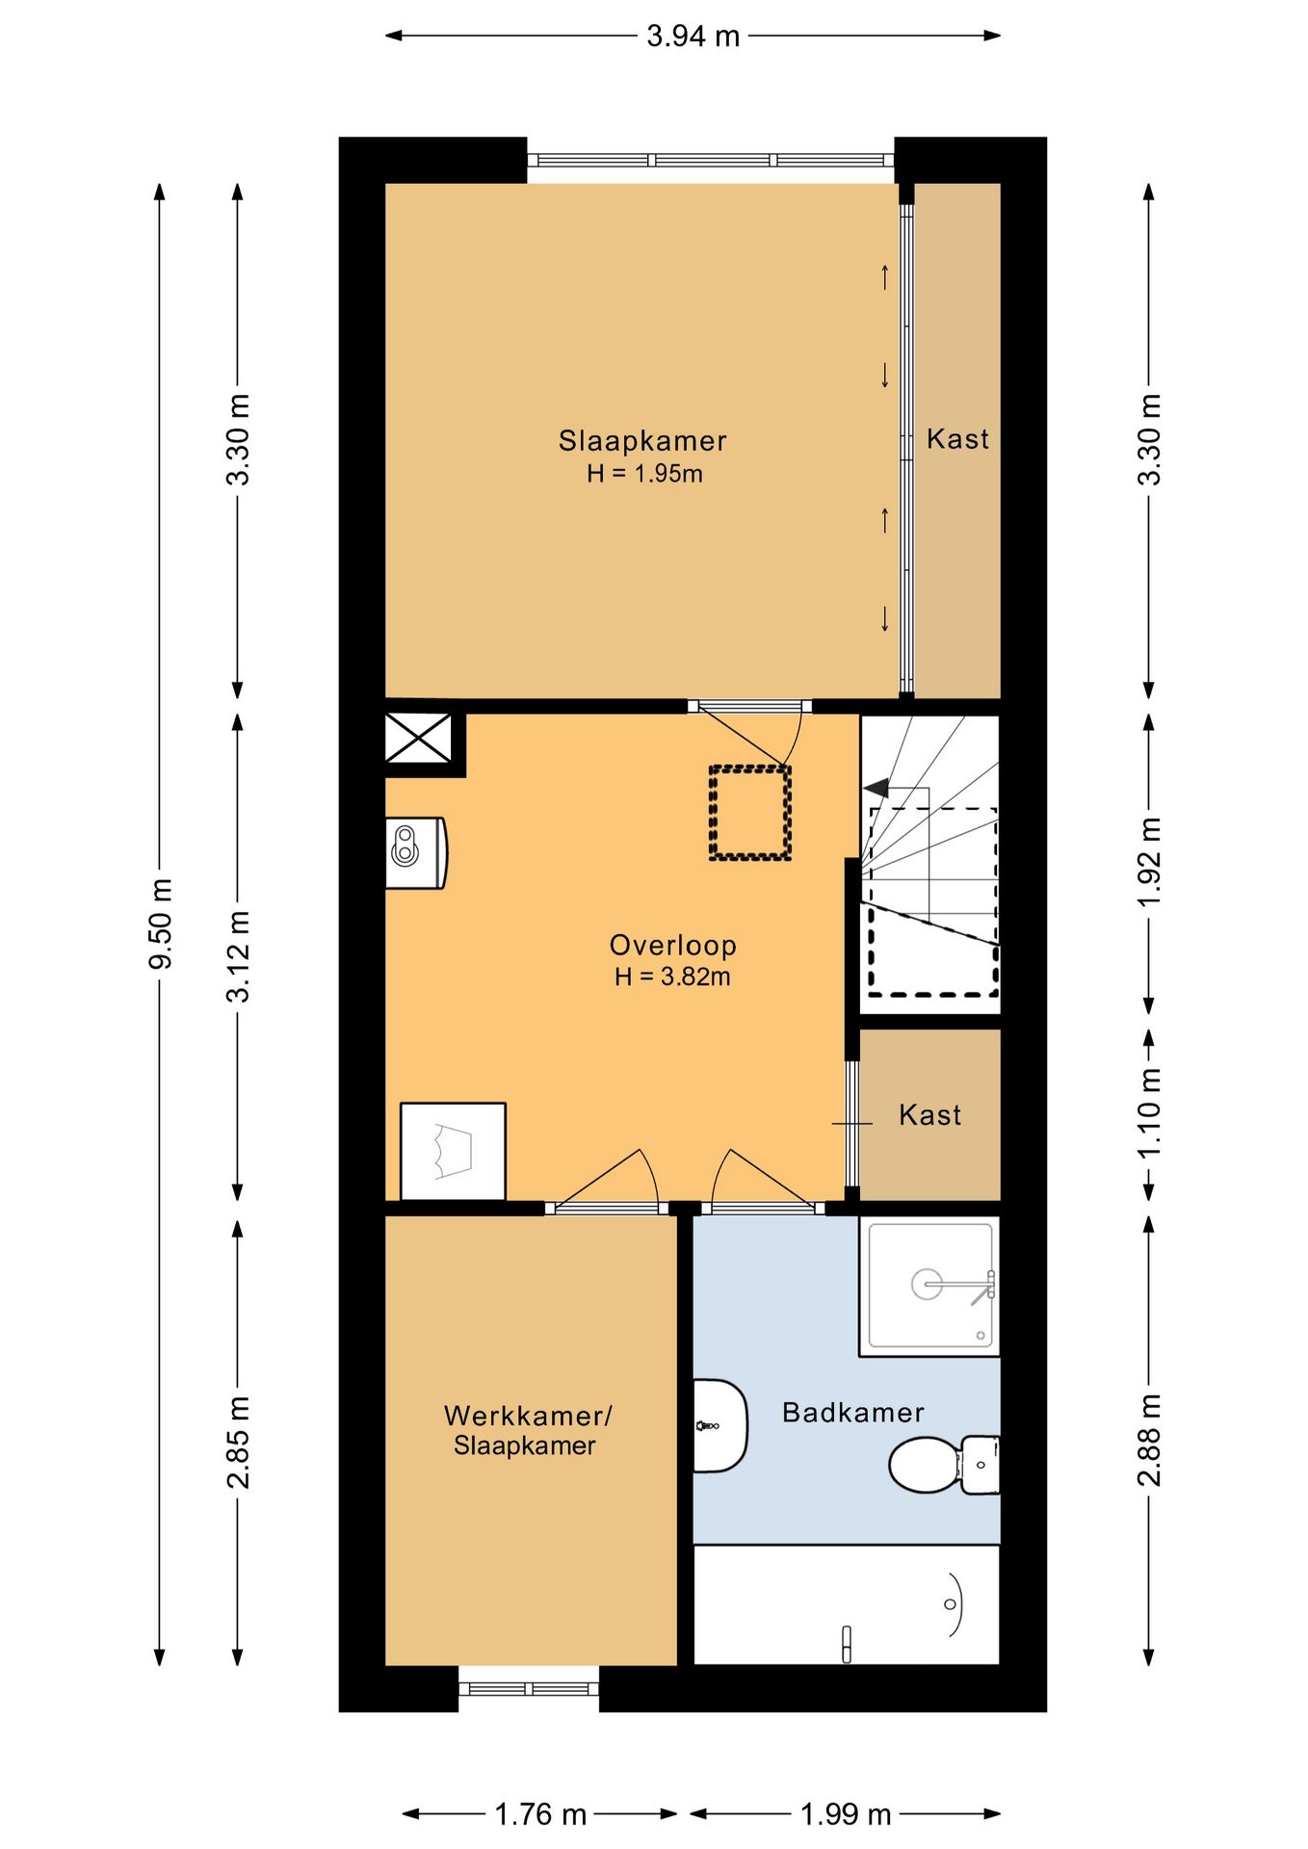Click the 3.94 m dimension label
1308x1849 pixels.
(693, 37)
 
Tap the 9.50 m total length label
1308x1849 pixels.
(161, 923)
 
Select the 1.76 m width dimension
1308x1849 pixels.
(540, 1814)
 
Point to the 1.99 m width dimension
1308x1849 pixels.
(846, 1814)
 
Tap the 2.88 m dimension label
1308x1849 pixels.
(1149, 1440)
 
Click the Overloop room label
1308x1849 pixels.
(673, 945)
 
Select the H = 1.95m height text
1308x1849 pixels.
(644, 474)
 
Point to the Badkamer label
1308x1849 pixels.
(853, 1413)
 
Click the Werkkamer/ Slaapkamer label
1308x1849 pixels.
(527, 1430)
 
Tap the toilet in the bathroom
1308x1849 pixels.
(944, 1464)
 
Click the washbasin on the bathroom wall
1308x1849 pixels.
(719, 1425)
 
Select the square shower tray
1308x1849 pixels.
(929, 1287)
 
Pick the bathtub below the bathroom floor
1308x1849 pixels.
(847, 1605)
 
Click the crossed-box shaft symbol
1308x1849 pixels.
(418, 739)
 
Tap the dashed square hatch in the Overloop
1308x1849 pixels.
(750, 813)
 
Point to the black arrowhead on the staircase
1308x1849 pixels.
(876, 789)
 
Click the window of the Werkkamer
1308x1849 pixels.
(529, 1688)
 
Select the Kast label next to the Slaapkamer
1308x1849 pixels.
(957, 439)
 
